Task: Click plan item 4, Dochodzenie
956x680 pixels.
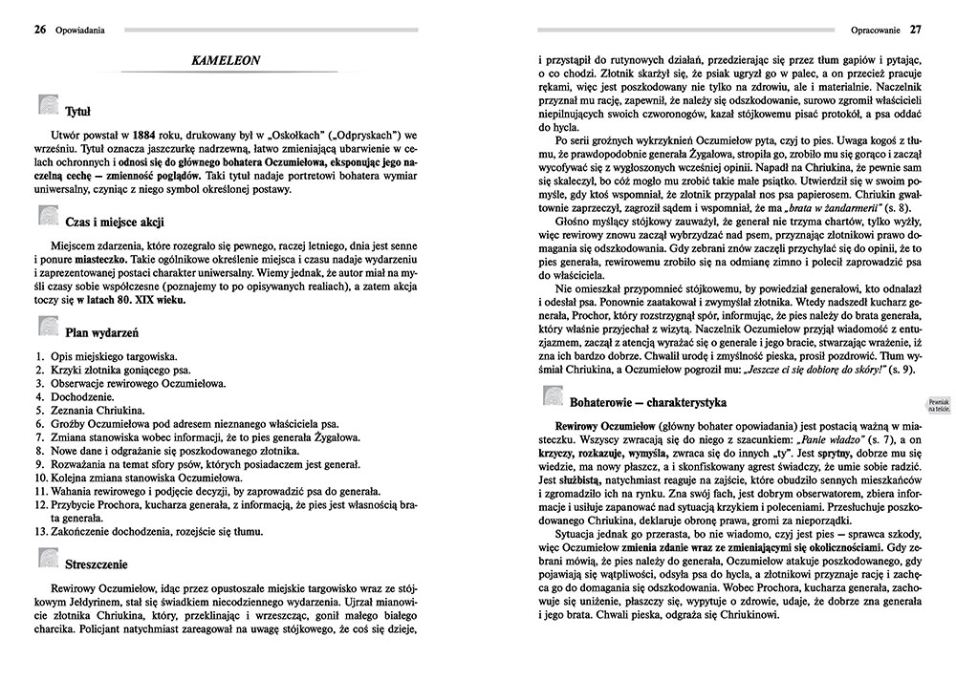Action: click(73, 396)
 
